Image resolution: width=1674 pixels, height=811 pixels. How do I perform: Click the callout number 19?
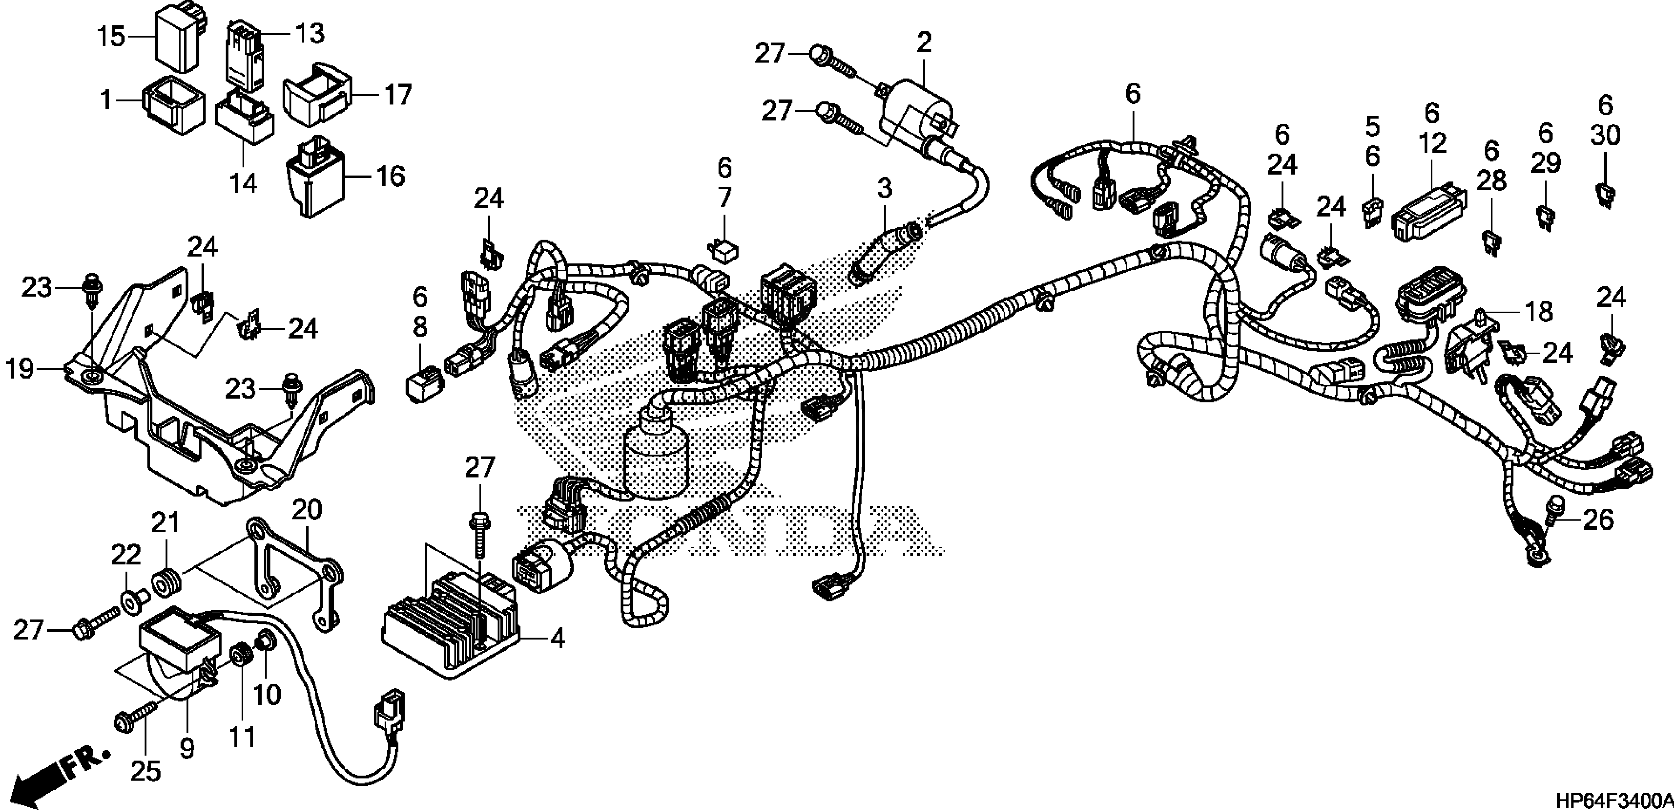click(20, 369)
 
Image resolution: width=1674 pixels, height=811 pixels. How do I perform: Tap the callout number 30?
click(1605, 135)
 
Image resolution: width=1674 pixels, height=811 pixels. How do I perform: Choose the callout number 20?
click(307, 509)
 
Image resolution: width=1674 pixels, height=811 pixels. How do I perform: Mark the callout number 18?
click(1538, 312)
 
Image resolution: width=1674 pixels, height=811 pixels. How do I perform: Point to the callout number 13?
click(310, 32)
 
